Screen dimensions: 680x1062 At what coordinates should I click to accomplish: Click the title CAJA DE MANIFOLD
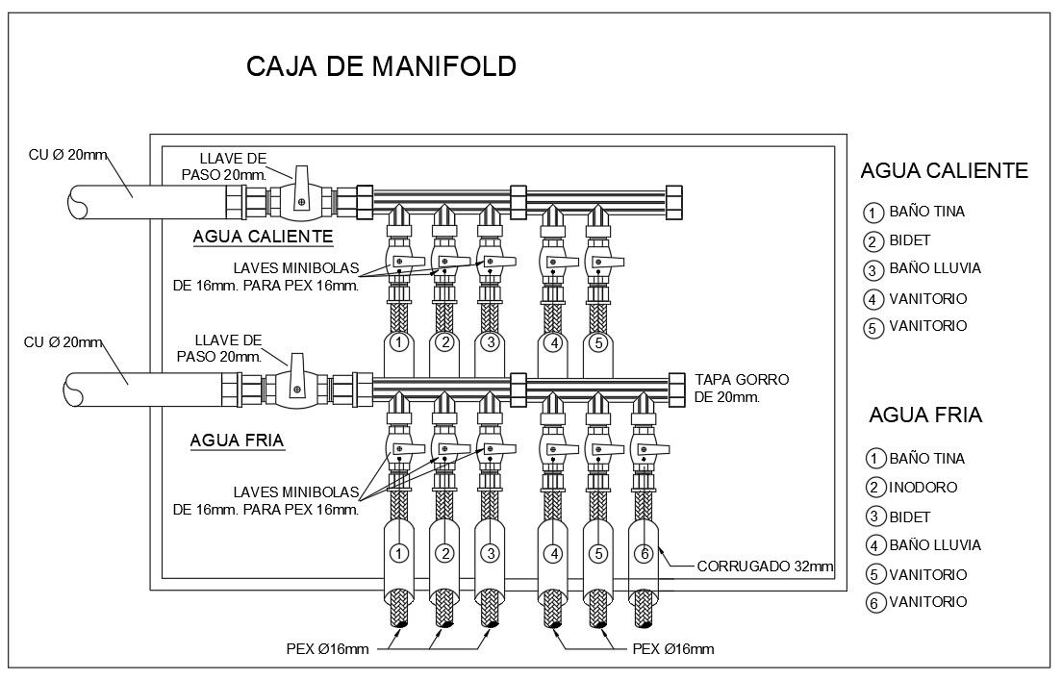point(381,66)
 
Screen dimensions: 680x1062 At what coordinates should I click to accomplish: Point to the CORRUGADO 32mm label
point(765,567)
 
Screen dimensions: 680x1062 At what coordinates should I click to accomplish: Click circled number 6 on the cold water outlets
point(645,553)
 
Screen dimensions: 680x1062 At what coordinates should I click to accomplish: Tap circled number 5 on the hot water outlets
point(597,342)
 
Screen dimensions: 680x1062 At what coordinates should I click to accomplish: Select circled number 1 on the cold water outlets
point(400,553)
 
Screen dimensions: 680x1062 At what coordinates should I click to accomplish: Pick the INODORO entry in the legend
point(923,488)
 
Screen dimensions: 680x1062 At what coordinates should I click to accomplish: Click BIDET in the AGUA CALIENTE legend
point(910,240)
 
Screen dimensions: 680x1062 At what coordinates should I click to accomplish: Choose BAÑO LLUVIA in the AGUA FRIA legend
point(935,545)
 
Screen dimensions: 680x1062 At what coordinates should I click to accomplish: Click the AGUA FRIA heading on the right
point(924,416)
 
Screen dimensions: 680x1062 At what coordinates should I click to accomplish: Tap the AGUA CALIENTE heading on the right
point(944,171)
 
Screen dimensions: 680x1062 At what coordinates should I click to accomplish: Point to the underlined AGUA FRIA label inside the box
point(237,441)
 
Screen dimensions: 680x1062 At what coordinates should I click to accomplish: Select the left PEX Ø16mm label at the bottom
point(327,649)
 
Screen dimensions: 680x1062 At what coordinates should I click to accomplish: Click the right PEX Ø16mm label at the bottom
point(673,649)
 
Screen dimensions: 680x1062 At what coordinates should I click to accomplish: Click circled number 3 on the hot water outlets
point(490,342)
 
